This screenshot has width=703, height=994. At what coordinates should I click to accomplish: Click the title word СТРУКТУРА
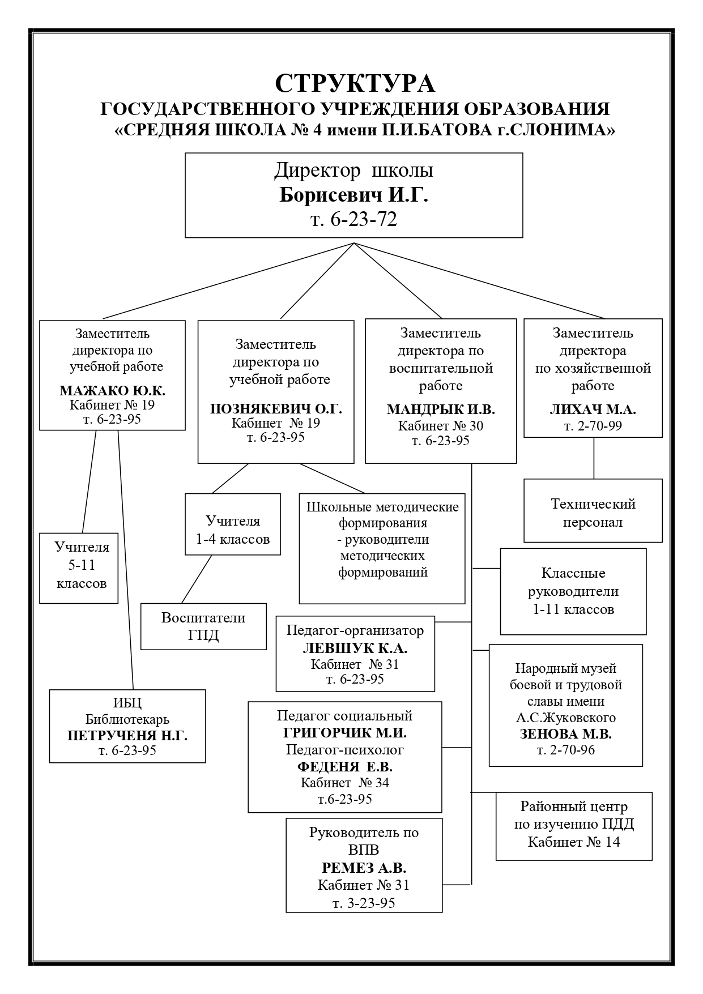(x=355, y=83)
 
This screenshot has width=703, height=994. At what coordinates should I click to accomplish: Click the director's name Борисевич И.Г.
(x=354, y=195)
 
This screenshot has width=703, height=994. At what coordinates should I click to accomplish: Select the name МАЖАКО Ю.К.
(x=112, y=391)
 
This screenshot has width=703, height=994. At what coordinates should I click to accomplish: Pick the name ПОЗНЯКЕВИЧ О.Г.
(x=276, y=409)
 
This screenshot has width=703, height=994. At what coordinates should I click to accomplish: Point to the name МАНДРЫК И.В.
(x=441, y=409)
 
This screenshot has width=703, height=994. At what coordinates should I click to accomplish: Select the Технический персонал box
(x=593, y=512)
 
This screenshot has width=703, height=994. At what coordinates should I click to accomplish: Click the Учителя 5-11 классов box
(x=79, y=568)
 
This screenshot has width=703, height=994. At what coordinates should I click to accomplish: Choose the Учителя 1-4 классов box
(x=233, y=530)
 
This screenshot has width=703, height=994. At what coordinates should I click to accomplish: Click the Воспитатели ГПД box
(x=203, y=626)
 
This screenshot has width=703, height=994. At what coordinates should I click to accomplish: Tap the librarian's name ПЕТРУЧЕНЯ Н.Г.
(x=127, y=736)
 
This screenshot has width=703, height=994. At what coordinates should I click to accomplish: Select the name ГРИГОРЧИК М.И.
(x=345, y=733)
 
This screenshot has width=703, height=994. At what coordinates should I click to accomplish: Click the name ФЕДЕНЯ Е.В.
(x=345, y=767)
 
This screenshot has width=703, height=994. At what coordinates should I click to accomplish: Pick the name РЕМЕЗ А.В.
(x=364, y=868)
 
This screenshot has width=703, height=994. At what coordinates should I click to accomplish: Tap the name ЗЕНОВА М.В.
(x=566, y=734)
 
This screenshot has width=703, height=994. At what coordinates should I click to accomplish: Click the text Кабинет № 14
(x=574, y=842)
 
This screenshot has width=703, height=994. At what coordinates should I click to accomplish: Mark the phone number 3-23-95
(x=372, y=903)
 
